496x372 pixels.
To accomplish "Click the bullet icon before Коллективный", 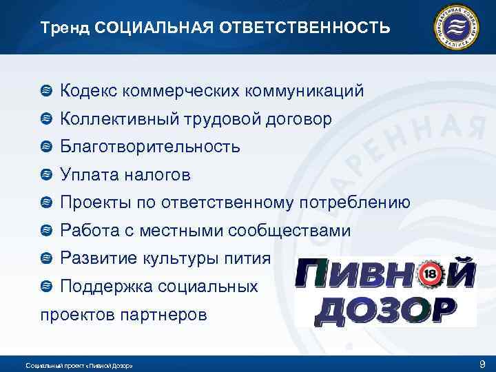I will [46, 119].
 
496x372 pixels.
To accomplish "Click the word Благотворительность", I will [149, 147].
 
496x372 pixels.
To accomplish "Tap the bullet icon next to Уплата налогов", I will [46, 175].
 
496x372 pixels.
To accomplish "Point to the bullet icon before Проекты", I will [46, 203].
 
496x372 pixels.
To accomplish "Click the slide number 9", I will [482, 363].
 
